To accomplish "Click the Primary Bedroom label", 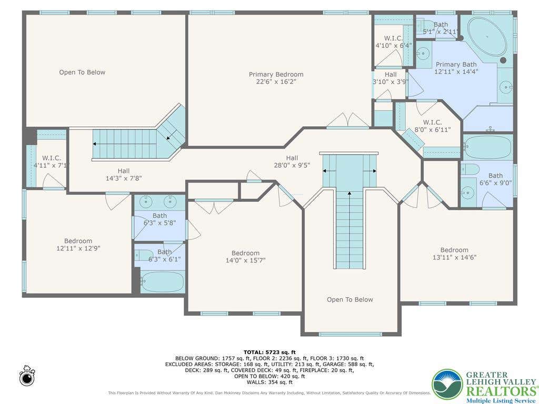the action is point(276,74).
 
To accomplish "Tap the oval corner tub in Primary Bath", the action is point(487,37).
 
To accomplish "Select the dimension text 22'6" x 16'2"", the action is point(276,82).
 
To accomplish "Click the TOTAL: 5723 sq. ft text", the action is point(269,352).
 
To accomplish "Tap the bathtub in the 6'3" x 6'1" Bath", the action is point(162,282).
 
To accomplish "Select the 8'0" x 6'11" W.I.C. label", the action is point(433,126).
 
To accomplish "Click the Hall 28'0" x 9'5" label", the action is point(292,161).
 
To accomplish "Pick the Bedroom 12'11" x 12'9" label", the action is point(78,245).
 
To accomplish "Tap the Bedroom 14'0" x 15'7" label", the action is point(245,257).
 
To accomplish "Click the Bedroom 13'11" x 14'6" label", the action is point(454,254).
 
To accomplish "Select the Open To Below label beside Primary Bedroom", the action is point(82,72).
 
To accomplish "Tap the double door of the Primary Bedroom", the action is point(348,120).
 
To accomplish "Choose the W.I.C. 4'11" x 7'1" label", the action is point(52,161).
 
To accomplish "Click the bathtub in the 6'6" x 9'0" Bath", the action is point(488,146).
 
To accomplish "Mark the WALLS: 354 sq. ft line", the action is point(269,382).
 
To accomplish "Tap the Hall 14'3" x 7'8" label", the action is point(124,175).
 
